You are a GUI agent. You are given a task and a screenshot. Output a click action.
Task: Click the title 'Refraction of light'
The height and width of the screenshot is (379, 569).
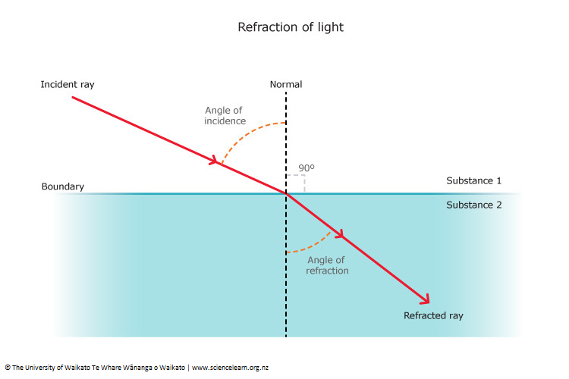pyautogui.click(x=291, y=27)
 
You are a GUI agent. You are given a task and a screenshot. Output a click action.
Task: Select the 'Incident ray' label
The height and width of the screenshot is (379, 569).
pyautogui.click(x=68, y=84)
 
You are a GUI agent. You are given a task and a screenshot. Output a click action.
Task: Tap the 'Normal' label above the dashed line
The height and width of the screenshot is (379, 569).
pyautogui.click(x=286, y=84)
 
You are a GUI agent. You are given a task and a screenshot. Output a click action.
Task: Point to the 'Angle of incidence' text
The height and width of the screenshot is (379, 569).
pyautogui.click(x=223, y=115)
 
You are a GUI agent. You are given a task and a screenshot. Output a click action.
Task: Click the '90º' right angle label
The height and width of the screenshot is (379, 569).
pyautogui.click(x=306, y=168)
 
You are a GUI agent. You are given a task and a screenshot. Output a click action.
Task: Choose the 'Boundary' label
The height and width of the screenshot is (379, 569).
pyautogui.click(x=63, y=186)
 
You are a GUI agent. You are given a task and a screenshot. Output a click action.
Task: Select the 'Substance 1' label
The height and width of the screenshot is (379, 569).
pyautogui.click(x=473, y=181)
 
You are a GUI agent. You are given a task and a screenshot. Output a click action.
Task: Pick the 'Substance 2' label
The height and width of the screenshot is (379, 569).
pyautogui.click(x=473, y=205)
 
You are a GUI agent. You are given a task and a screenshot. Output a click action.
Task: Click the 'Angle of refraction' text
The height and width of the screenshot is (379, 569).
pyautogui.click(x=327, y=265)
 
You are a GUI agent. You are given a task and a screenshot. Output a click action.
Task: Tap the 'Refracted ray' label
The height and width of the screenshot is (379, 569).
pyautogui.click(x=433, y=315)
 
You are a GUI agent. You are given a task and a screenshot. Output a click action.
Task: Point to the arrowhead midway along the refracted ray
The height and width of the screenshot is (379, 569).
pyautogui.click(x=341, y=236)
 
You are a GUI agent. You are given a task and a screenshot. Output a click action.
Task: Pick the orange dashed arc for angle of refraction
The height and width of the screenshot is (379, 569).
pyautogui.click(x=311, y=246)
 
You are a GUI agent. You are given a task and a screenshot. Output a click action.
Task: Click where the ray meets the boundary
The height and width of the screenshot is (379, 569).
pyautogui.click(x=286, y=194)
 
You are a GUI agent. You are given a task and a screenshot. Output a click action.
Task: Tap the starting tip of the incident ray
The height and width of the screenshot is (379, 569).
pyautogui.click(x=73, y=97)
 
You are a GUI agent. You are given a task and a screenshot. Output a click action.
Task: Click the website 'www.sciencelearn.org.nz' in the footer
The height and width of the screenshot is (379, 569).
pyautogui.click(x=230, y=368)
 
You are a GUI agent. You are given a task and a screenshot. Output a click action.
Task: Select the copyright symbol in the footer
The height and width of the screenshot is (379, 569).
pyautogui.click(x=7, y=368)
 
